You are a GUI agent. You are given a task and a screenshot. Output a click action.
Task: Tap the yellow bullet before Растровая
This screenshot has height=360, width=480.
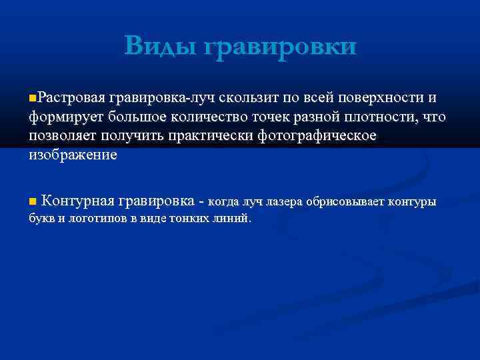(x=33, y=98)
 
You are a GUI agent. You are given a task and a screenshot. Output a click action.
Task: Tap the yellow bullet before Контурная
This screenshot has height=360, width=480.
(x=33, y=201)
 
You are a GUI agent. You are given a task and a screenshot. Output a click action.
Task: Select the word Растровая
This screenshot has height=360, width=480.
(x=71, y=98)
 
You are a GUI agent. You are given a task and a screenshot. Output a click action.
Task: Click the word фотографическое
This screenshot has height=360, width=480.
(x=320, y=136)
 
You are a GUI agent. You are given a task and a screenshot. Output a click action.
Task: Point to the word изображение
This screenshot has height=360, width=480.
(x=73, y=155)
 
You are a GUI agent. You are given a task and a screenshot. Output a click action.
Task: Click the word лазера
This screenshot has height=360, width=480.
(x=283, y=201)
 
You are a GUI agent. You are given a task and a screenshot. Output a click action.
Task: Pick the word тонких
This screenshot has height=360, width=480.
(x=199, y=218)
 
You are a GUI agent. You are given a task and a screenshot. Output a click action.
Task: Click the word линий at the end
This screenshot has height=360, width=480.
(x=236, y=218)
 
